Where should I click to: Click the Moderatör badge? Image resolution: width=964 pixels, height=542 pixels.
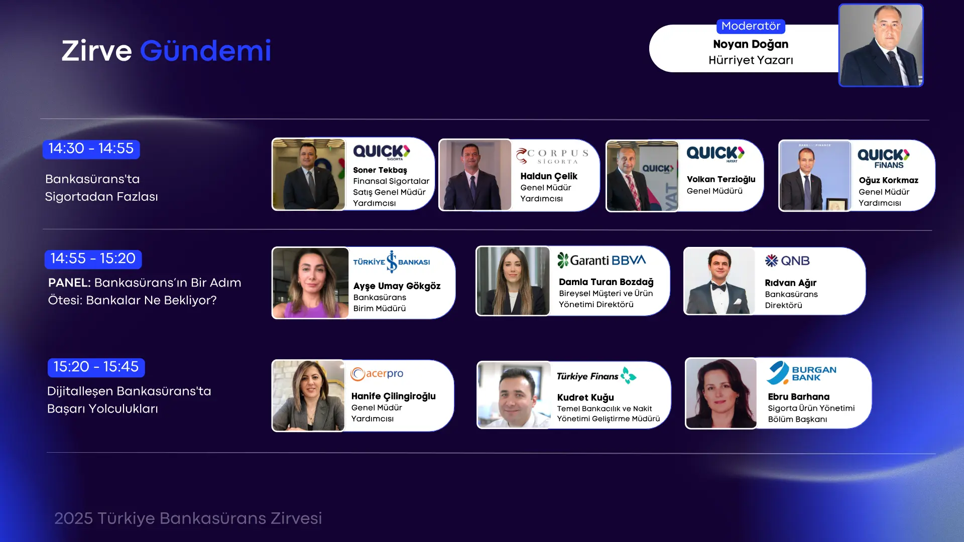[751, 26]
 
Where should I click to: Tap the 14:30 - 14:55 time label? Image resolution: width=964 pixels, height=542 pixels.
[91, 149]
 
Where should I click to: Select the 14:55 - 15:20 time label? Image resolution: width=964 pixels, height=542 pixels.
[93, 259]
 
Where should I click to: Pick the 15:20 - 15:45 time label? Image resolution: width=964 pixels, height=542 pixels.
[96, 367]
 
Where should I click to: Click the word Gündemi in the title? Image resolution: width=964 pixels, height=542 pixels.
[205, 52]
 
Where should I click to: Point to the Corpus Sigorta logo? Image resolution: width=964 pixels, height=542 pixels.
[552, 156]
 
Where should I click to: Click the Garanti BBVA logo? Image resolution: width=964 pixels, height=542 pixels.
[601, 260]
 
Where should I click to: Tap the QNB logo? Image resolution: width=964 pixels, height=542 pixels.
[787, 261]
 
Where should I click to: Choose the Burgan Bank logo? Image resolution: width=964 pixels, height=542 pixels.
[801, 373]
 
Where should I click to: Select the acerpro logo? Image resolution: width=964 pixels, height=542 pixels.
[377, 374]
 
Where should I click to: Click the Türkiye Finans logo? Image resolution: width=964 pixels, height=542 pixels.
[596, 376]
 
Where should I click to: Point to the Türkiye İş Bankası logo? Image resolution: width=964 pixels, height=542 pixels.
[392, 262]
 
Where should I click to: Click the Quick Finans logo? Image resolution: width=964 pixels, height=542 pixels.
[884, 159]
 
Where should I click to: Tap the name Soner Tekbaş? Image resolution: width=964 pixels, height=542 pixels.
[380, 170]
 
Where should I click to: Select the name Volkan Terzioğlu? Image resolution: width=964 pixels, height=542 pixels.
[721, 180]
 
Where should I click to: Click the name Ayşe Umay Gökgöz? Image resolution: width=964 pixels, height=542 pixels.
[397, 286]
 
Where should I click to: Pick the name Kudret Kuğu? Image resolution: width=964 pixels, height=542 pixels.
[585, 397]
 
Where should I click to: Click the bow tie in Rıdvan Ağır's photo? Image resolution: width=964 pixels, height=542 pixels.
[718, 287]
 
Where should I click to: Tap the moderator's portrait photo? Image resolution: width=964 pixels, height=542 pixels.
[881, 45]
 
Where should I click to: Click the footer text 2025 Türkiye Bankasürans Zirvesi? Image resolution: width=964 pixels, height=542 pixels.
[188, 518]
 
